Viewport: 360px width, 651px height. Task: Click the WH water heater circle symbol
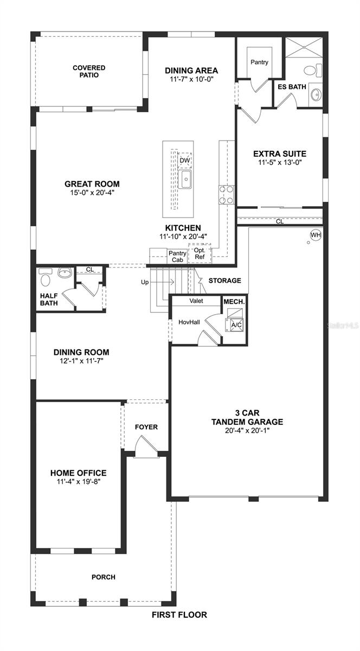[315, 235]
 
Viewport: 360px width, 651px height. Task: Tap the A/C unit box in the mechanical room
[236, 324]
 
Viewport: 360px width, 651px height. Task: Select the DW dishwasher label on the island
[185, 161]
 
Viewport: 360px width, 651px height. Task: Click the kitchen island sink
[185, 180]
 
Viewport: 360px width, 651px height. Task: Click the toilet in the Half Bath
[45, 280]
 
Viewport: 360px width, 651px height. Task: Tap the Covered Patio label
[89, 71]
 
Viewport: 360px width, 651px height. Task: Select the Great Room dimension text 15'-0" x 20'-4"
[92, 192]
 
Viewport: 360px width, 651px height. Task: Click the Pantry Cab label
[177, 256]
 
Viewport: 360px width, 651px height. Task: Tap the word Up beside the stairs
[145, 282]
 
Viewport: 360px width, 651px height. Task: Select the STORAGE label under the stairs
[224, 280]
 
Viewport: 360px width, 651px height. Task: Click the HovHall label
[189, 322]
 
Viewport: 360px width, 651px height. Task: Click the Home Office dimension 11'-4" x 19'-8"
[78, 481]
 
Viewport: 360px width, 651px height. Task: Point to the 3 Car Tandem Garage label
[248, 417]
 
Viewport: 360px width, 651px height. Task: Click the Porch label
[103, 577]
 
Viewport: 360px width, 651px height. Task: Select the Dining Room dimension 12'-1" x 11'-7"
[81, 360]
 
